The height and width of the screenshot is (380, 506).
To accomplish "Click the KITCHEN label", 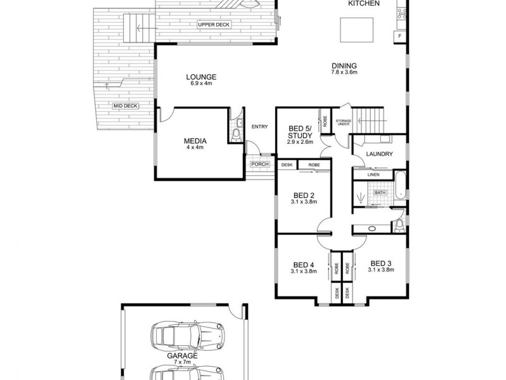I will click(x=364, y=4).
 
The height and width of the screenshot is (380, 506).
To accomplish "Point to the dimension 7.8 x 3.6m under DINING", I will click(x=344, y=73).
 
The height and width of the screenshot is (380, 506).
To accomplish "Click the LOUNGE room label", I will click(x=200, y=77).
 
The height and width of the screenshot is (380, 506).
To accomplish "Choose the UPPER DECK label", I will click(x=213, y=25).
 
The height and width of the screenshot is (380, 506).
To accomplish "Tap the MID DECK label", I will click(x=125, y=106).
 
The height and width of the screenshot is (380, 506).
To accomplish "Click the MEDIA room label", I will click(x=195, y=141).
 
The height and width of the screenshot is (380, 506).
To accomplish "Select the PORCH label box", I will click(x=259, y=165).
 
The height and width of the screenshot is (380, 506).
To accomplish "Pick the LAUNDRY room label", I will click(x=379, y=154).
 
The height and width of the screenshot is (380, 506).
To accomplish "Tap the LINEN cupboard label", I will click(x=373, y=175).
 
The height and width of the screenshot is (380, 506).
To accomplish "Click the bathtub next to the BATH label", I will click(x=400, y=187).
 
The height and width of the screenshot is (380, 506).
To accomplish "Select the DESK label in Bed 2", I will click(x=287, y=165).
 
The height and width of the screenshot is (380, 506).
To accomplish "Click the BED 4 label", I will click(x=304, y=265).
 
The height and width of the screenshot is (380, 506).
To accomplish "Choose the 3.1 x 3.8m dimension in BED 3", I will click(x=381, y=270).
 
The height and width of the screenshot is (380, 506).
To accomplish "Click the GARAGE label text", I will click(x=182, y=356).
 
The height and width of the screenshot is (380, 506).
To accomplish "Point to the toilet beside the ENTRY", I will click(x=236, y=135).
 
